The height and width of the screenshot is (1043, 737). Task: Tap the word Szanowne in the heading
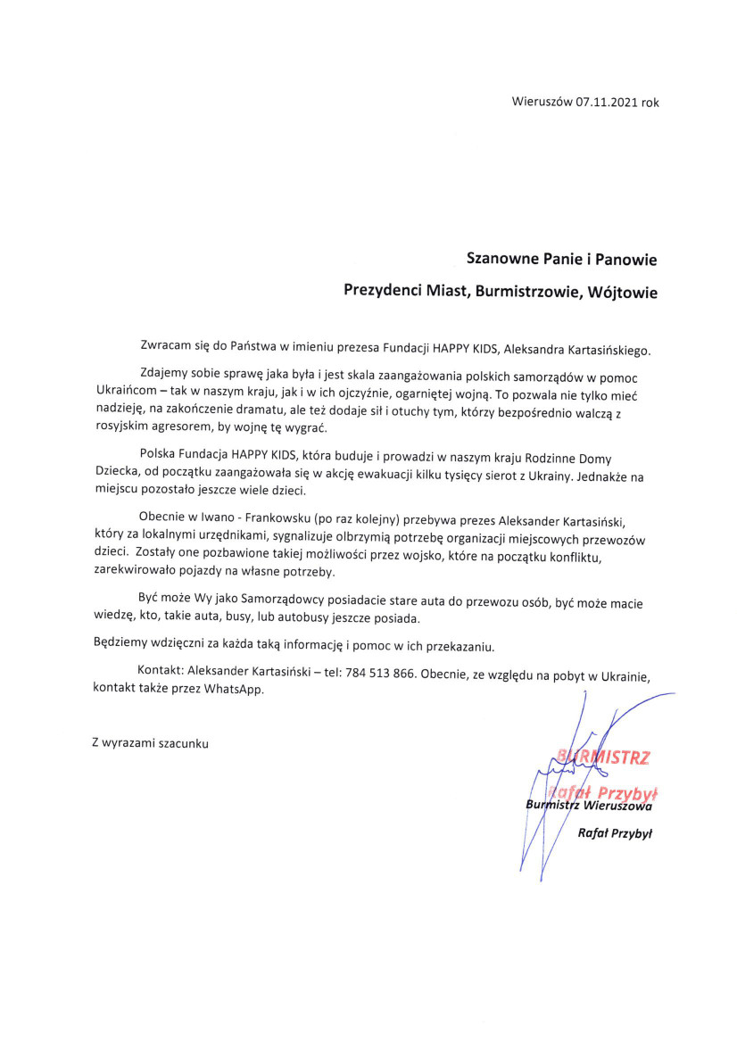click(x=503, y=260)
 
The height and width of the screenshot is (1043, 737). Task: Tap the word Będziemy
click(x=121, y=645)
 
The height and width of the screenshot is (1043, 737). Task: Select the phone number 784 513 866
click(x=378, y=673)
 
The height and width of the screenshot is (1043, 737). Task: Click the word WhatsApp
click(x=235, y=690)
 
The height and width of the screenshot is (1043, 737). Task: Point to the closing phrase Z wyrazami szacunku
click(x=150, y=742)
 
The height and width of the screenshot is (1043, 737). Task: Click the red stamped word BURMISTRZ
click(x=604, y=758)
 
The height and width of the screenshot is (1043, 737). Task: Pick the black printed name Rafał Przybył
click(x=616, y=833)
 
